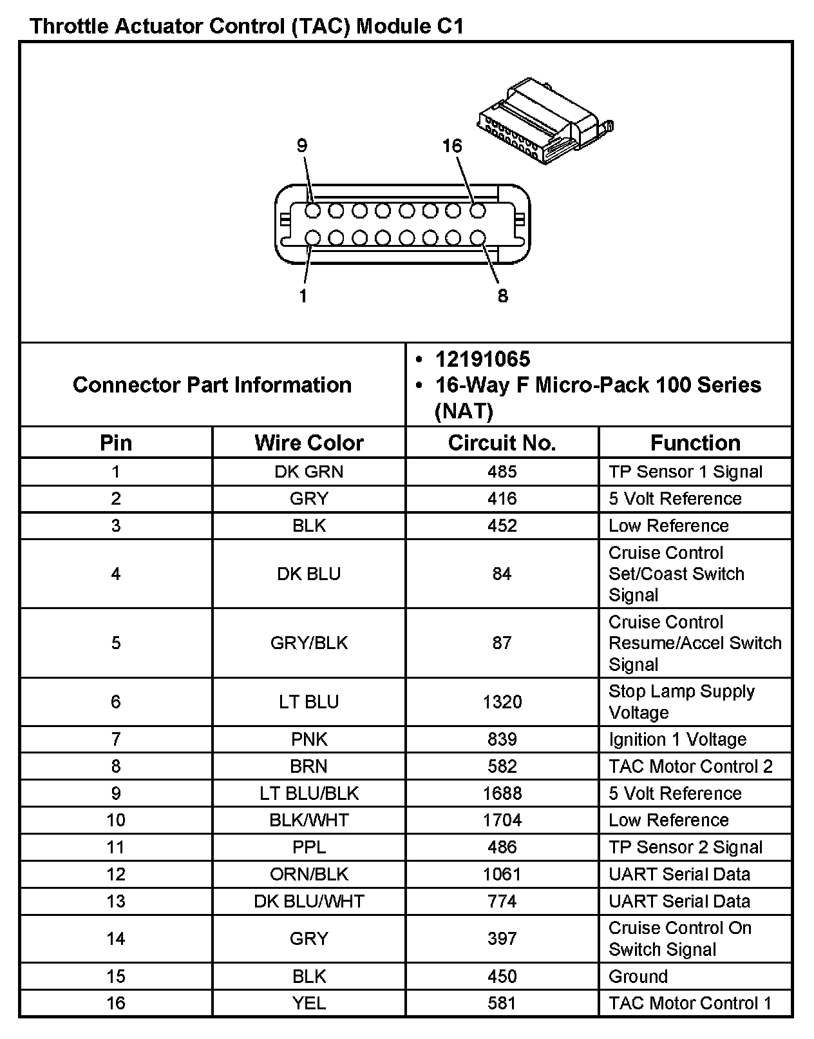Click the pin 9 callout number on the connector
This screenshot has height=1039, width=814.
(x=302, y=146)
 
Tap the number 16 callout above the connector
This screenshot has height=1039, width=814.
(x=452, y=146)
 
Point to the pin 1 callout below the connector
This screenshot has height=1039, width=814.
(x=303, y=296)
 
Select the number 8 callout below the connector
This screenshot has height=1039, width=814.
(x=502, y=296)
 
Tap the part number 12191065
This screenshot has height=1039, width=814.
(x=482, y=359)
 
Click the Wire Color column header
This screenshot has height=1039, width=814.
(x=309, y=443)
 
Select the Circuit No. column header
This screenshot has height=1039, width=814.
(x=502, y=443)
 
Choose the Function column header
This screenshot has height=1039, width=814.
(x=695, y=443)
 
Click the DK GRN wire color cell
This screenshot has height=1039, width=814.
(x=309, y=472)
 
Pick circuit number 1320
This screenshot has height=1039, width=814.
(x=502, y=702)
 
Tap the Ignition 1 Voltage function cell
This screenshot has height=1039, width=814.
(x=677, y=739)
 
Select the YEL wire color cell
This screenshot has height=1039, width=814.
(x=309, y=1003)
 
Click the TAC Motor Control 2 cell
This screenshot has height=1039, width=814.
(x=690, y=766)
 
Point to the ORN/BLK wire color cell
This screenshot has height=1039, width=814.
(x=309, y=874)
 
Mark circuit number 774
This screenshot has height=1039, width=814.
(x=502, y=901)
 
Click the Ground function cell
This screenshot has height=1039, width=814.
(x=638, y=976)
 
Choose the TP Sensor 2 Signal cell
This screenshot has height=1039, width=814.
(x=685, y=847)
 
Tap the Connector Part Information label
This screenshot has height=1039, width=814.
(x=213, y=385)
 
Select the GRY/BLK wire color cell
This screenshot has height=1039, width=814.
(x=309, y=643)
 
